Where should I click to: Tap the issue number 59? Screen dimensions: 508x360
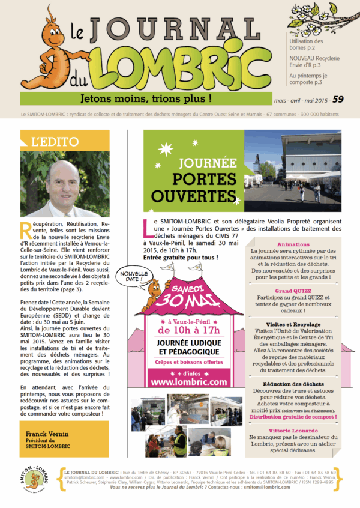coord(338,100)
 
